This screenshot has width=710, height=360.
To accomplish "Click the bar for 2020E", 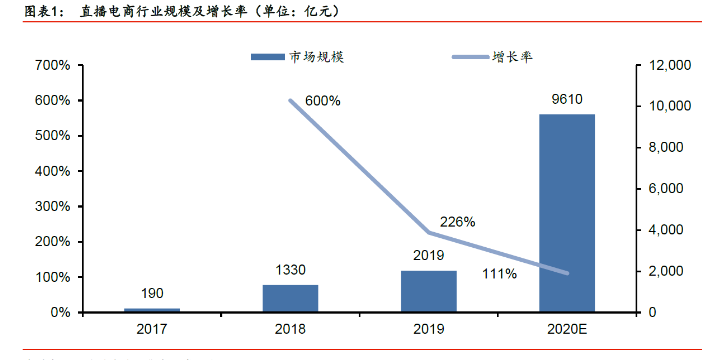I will click(x=567, y=213).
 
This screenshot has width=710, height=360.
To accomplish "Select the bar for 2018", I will click(x=290, y=298).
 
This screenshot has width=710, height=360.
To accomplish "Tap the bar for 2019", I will click(x=429, y=291).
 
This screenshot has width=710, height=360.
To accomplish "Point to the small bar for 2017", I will click(x=152, y=309).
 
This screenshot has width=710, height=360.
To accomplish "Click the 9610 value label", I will click(x=567, y=99).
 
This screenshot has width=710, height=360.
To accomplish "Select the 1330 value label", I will click(x=291, y=270).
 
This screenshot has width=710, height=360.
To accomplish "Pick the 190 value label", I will click(x=153, y=293).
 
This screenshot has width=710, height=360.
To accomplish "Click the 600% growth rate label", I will click(x=323, y=101).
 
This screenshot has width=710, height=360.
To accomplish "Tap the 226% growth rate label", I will click(x=457, y=221).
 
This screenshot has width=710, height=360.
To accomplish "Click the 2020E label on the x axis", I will click(x=567, y=328).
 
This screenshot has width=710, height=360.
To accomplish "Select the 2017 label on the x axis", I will click(x=152, y=328).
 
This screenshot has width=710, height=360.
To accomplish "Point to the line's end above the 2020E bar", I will click(x=567, y=273).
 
